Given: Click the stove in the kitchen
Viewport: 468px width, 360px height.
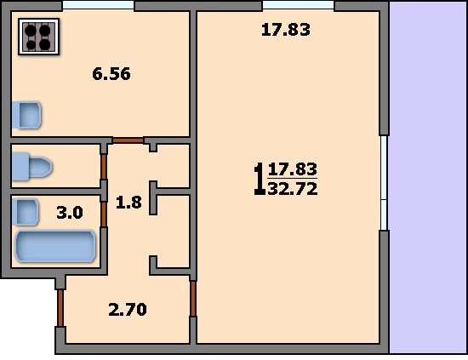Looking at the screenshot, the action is [x=38, y=37].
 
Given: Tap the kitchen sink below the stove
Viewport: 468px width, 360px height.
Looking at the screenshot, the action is [x=26, y=115].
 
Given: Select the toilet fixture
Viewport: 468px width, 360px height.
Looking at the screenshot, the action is [x=32, y=167].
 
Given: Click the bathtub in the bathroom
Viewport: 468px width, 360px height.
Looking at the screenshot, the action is [x=55, y=246].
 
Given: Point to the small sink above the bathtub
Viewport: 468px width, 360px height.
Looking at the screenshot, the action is [x=26, y=212].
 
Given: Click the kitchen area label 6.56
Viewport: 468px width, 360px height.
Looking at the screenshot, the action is [x=111, y=74].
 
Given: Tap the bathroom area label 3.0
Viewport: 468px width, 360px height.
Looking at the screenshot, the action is [x=70, y=213].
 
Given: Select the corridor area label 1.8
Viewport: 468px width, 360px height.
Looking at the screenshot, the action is [x=128, y=203].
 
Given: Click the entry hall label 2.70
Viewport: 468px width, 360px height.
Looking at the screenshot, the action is [x=128, y=309].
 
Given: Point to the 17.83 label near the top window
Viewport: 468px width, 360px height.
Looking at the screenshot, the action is [x=286, y=30].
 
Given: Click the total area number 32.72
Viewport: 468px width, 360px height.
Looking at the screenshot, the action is [x=293, y=189].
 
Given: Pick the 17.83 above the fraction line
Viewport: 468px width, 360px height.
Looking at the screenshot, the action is [x=293, y=169].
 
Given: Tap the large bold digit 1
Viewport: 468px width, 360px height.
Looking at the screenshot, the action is [x=259, y=179].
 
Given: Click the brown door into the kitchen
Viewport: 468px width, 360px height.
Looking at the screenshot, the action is [x=128, y=140].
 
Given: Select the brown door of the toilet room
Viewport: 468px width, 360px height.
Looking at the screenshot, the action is [x=104, y=167].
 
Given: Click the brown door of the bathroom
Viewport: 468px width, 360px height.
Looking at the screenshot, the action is [x=104, y=214].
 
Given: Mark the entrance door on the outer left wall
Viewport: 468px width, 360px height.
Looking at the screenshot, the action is [x=60, y=308].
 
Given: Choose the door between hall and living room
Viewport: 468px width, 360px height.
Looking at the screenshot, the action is [x=193, y=299].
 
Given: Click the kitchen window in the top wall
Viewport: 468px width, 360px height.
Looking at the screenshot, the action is [x=98, y=5].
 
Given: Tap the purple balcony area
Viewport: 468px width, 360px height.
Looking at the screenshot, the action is [x=428, y=177].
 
